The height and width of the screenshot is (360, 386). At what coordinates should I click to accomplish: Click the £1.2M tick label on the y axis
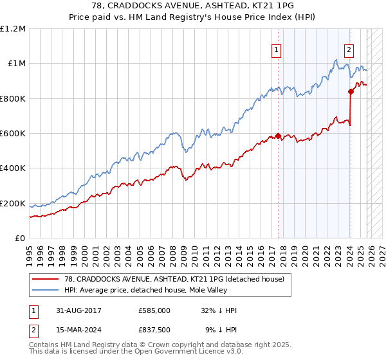click(x=13, y=28)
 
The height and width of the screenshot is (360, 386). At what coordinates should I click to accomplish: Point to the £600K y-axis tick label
click(x=13, y=134)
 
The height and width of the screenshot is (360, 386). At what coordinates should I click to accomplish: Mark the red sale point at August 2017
click(x=278, y=136)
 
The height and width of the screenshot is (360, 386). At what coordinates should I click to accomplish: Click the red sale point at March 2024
click(x=351, y=92)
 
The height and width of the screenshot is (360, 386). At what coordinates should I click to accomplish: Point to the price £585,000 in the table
click(x=154, y=310)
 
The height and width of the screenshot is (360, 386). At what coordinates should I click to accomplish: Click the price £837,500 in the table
click(x=154, y=331)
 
